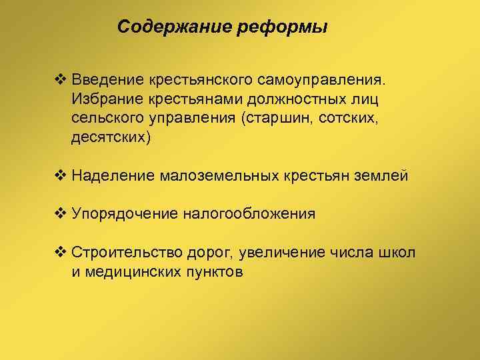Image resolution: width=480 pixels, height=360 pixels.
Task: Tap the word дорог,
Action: pyautogui.click(x=208, y=253)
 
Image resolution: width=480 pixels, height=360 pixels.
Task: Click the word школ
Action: pyautogui.click(x=398, y=253)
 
